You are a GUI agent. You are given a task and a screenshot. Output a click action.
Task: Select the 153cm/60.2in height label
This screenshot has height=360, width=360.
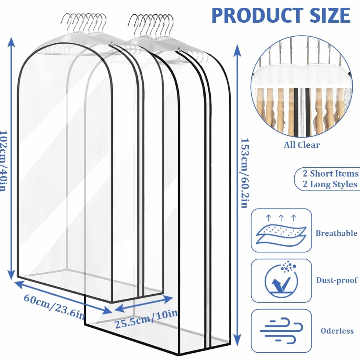click(244, 173)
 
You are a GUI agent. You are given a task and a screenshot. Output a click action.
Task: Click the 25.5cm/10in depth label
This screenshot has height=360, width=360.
click(146, 319)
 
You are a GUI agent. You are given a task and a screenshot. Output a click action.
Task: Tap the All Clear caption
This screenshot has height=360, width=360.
click(302, 145)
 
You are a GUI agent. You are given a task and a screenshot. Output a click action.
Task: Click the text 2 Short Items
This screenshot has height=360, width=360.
click(331, 174)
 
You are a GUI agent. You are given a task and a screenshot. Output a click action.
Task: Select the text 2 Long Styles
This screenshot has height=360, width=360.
click(330, 184)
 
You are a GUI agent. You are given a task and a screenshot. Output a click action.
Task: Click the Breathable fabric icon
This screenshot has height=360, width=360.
click(281, 230)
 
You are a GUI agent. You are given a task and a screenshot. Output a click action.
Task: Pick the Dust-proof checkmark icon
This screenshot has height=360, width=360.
click(281, 281)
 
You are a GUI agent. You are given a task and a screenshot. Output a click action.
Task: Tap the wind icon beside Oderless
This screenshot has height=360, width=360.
click(281, 331)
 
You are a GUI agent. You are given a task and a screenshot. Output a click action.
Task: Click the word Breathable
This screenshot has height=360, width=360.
click(337, 233)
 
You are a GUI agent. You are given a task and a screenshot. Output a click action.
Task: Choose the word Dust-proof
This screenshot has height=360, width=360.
click(337, 280)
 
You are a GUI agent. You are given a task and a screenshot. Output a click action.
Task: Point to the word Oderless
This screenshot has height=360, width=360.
click(337, 331)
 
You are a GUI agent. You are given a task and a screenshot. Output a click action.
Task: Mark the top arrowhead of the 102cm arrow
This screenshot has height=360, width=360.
click(11, 42)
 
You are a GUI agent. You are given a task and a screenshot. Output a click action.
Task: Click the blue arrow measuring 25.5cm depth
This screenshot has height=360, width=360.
click(143, 304)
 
